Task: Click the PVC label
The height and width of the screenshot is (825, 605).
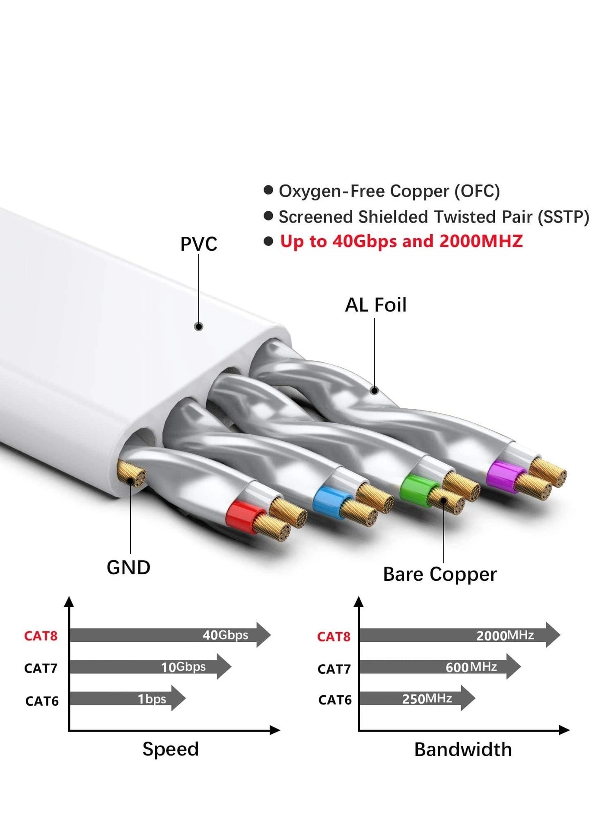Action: (x=198, y=244)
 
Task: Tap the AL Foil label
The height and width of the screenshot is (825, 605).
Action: (x=376, y=305)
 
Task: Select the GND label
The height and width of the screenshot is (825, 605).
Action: (x=128, y=567)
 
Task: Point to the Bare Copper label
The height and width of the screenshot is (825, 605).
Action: (x=439, y=574)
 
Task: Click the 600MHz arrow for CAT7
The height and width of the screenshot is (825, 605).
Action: (x=439, y=666)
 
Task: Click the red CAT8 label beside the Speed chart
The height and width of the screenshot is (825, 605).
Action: (x=41, y=636)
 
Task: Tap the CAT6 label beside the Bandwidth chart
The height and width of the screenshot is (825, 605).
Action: (x=335, y=700)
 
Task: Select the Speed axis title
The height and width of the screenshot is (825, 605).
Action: (x=171, y=749)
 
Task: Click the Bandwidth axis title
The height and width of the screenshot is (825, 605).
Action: (x=463, y=749)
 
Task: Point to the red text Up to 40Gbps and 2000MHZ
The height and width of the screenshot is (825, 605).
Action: (x=401, y=241)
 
